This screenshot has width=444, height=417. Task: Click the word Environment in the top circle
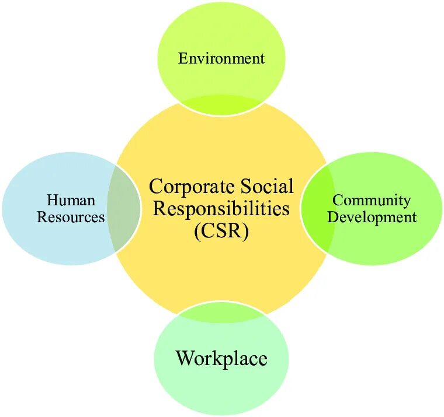click(221, 58)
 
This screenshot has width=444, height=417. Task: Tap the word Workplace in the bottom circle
click(221, 358)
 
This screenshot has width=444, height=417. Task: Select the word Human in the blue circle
click(71, 201)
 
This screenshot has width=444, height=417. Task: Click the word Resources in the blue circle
click(71, 218)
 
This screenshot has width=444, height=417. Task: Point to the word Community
click(372, 201)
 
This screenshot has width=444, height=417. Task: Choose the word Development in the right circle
click(372, 218)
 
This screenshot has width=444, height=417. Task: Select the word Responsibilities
click(221, 209)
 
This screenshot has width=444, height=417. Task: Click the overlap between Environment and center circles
click(221, 104)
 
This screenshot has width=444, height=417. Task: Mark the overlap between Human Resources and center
click(124, 209)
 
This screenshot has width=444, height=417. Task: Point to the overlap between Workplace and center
click(221, 313)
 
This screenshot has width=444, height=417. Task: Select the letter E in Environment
click(182, 58)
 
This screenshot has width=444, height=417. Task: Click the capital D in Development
click(332, 218)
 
